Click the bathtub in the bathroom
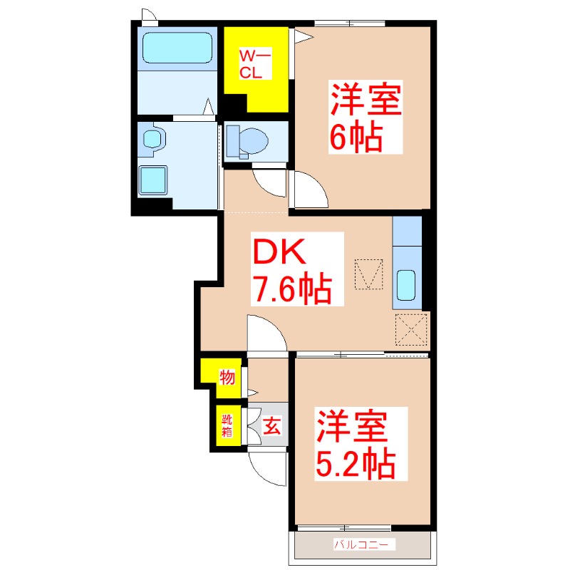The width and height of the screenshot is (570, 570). [x=177, y=48]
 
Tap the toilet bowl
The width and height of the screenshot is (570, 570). [x=254, y=140]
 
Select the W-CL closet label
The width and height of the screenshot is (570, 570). [x=255, y=64]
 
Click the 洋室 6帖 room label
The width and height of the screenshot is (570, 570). [x=366, y=117]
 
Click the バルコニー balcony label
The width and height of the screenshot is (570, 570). [x=361, y=544]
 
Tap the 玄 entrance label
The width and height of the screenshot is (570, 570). [x=271, y=425]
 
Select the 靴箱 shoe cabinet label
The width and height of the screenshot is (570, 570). [x=227, y=425]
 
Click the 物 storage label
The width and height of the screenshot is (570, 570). [x=227, y=377]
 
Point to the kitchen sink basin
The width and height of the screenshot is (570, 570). [x=405, y=286]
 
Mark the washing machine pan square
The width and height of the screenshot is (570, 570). [x=152, y=180]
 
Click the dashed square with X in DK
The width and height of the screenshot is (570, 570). [x=411, y=329]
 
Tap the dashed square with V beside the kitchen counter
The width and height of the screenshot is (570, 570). [x=368, y=274]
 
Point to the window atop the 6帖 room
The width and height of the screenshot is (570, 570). [x=350, y=24]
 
